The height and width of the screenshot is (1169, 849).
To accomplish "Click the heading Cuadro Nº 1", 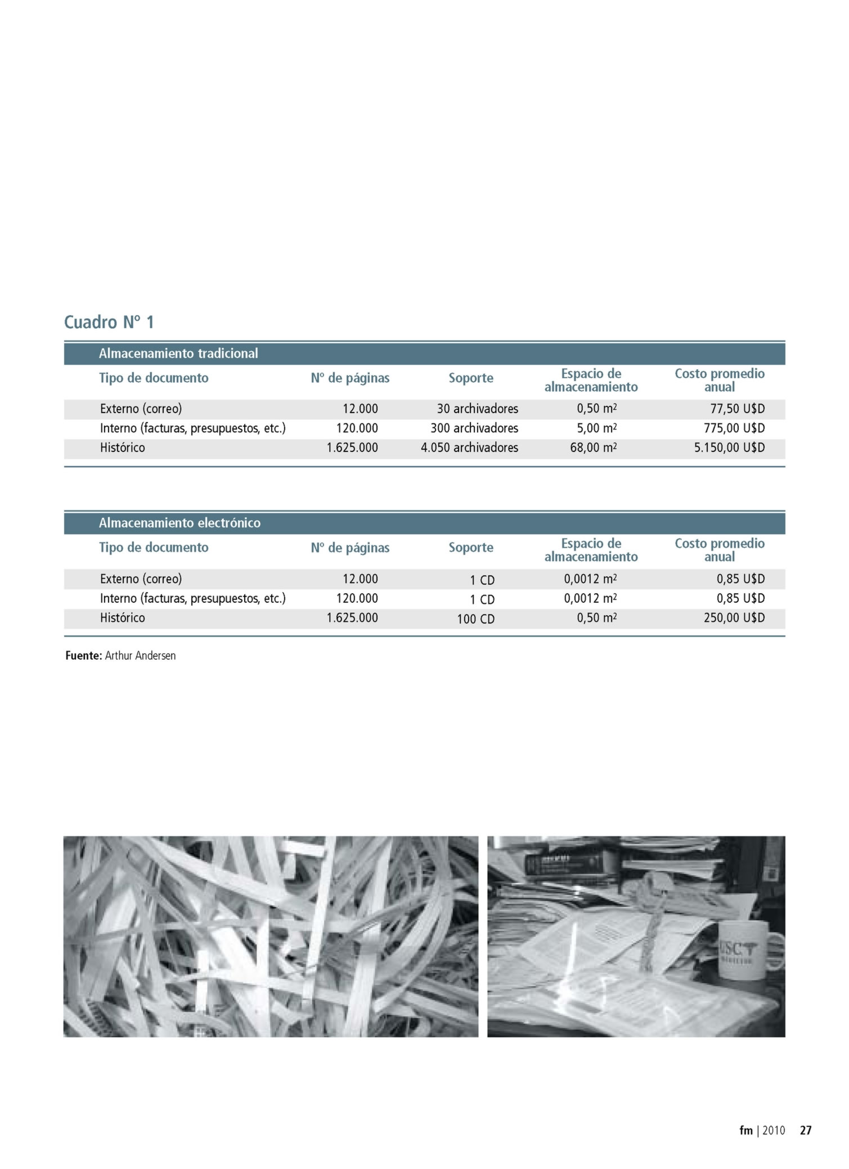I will pos(109,323).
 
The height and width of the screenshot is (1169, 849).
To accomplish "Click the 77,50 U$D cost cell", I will pos(737,409).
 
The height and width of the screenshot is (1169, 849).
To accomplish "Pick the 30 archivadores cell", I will pos(477,409).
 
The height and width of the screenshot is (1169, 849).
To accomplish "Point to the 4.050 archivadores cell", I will pos(469,447).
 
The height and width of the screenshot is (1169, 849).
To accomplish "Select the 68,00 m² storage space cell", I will pos(593,447).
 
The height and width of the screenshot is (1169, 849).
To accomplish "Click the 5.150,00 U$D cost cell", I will pos(729,447).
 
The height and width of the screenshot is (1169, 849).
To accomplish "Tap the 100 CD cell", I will pos(475,619).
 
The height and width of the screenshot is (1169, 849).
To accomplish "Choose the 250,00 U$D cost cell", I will pos(734,617).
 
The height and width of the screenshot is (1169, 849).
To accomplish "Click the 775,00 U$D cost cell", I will pos(734,428).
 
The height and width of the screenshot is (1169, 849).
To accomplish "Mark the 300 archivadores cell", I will pos(474,428).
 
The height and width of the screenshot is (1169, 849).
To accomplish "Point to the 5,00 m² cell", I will pos(596,428).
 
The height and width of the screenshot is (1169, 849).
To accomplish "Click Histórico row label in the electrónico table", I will pos(122,617).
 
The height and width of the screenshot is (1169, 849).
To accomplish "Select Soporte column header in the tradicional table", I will pos(470,378).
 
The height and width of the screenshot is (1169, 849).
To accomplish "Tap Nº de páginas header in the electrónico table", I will pos(350,548).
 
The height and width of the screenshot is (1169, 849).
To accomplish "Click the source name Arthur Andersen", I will pos(140,656).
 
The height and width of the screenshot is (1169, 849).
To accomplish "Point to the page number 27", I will pos(806,1130).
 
